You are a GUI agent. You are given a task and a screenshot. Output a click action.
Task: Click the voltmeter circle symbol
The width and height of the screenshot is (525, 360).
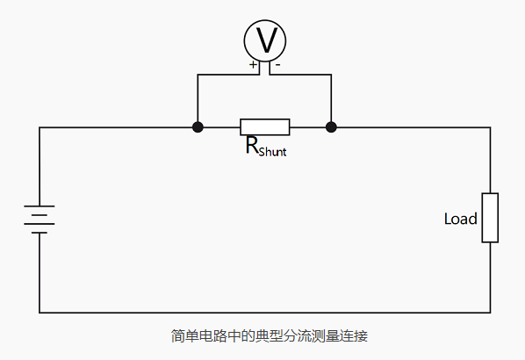tap(264, 40)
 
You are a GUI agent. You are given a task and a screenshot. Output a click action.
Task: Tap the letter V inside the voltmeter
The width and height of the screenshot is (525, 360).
tap(264, 40)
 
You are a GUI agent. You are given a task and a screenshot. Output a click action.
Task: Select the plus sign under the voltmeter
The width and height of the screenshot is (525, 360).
tap(254, 65)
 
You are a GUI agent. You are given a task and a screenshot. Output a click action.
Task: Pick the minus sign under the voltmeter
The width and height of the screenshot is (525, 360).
tap(277, 65)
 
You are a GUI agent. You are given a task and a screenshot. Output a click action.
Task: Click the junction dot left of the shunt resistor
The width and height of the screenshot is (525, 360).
tap(198, 127)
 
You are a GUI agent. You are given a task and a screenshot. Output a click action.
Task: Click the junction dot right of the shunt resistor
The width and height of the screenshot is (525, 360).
tap(331, 127)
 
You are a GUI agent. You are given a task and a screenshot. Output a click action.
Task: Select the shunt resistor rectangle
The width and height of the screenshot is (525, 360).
tap(264, 127)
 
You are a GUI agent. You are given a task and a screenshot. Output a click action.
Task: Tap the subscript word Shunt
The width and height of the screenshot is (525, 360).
tap(272, 151)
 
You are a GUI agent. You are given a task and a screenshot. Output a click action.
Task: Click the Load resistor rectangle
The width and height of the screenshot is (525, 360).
tap(490, 218)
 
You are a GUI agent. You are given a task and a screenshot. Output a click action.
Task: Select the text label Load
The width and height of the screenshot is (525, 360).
tap(460, 218)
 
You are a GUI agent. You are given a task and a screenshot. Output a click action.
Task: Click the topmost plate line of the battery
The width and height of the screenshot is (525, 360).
tap(40, 207)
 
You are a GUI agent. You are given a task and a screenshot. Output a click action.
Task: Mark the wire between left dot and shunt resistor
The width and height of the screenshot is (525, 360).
tap(219, 127)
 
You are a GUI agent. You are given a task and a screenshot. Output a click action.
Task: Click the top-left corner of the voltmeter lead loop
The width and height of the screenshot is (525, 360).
tap(198, 76)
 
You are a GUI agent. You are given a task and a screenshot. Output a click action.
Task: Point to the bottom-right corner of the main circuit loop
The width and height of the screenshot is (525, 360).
tap(490, 312)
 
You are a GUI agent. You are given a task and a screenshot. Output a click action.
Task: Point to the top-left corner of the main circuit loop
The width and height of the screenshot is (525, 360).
tap(40, 127)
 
